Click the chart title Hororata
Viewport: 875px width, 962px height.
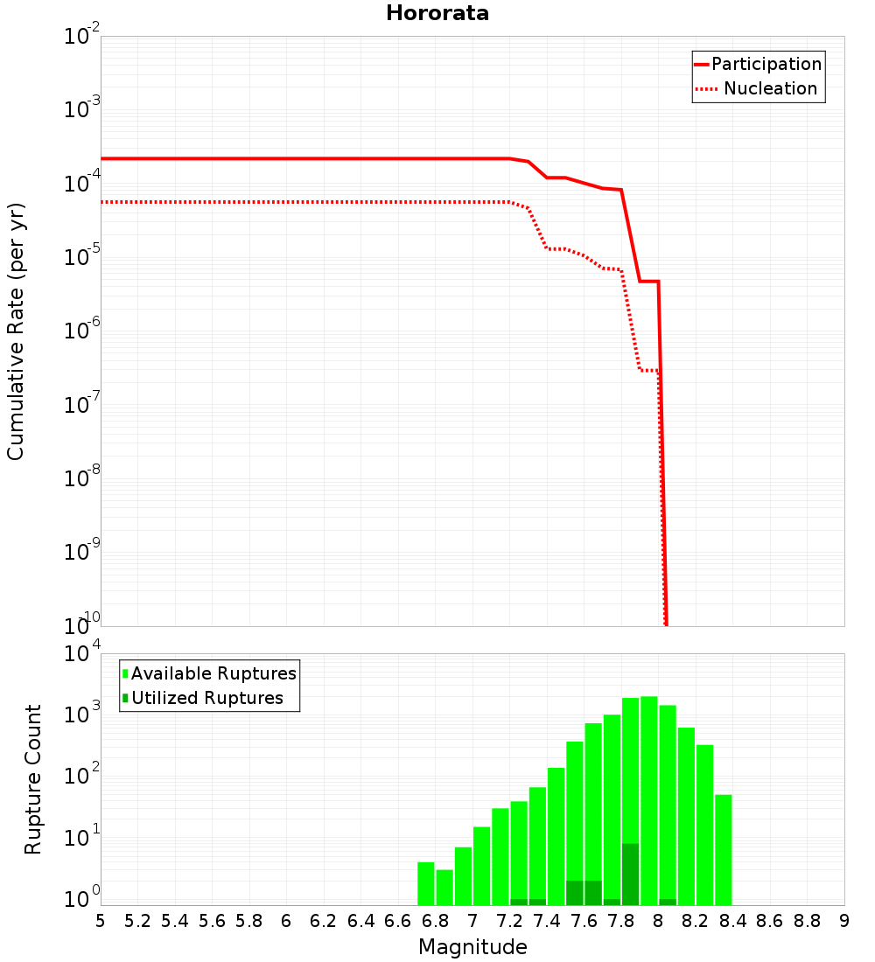[x=437, y=13]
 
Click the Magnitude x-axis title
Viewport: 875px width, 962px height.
[x=472, y=947]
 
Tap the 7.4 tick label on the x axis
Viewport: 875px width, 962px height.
[x=547, y=921]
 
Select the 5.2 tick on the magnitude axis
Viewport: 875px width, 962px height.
[x=137, y=921]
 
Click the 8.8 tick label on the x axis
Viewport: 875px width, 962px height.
[x=807, y=921]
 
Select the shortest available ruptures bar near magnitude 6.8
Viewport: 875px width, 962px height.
[x=444, y=887]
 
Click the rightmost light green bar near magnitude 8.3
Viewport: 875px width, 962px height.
[x=724, y=849]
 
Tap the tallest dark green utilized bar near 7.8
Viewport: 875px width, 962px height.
[x=631, y=874]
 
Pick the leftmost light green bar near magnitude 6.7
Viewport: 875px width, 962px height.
[x=426, y=883]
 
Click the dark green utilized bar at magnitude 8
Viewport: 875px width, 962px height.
[x=668, y=902]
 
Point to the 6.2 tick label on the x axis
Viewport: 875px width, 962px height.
[x=324, y=921]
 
